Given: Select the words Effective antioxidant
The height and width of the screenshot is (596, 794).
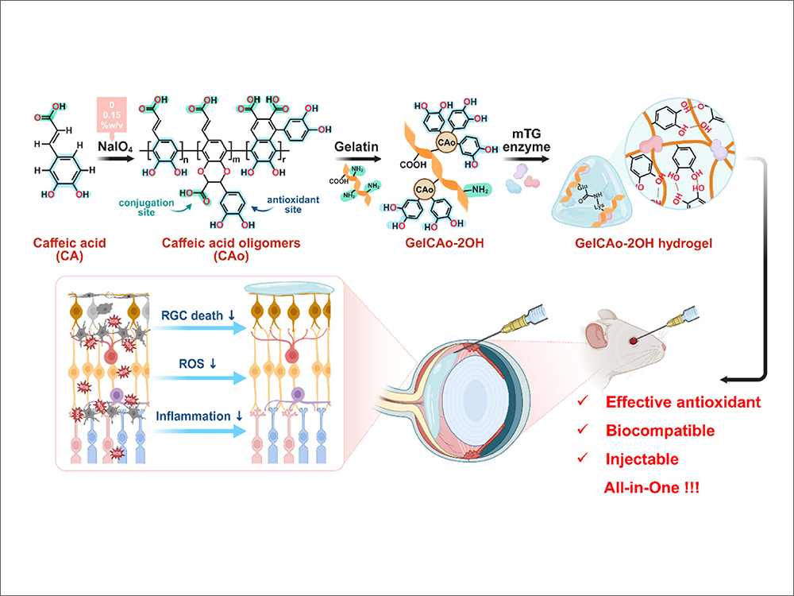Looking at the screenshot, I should (684, 402).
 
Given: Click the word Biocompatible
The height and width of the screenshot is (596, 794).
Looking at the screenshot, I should (660, 431).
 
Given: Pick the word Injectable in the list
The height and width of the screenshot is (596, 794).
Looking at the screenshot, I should (645, 459).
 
